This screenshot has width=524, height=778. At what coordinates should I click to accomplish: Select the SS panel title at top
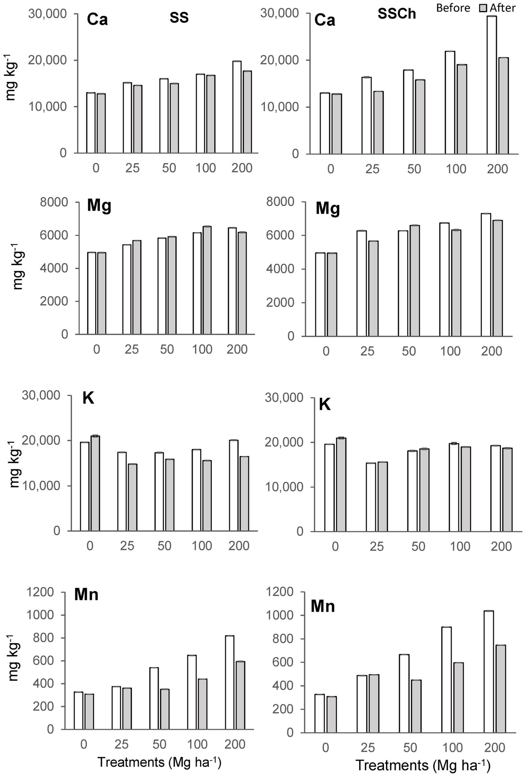pyautogui.click(x=179, y=17)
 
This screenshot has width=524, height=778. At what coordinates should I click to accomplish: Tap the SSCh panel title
pyautogui.click(x=397, y=14)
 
